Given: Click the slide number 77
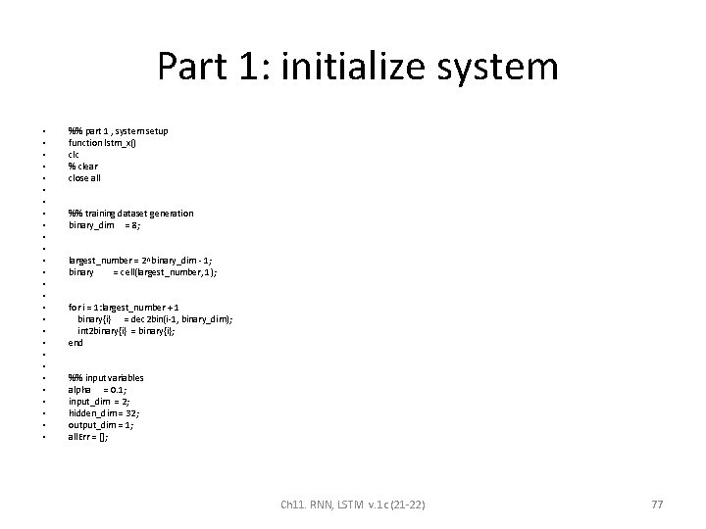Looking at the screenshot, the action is [x=658, y=504].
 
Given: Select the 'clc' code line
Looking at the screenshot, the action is [x=74, y=155].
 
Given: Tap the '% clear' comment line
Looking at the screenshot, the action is [x=83, y=167].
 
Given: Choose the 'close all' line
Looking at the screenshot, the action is [x=84, y=178].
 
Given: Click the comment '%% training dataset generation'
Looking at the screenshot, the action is [x=130, y=214].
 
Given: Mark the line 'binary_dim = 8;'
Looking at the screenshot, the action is [x=104, y=225].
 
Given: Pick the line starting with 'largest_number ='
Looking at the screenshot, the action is [x=138, y=261].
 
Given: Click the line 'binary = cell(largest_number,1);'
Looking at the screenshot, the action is [x=141, y=272].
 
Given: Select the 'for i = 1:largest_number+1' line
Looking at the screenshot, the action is [x=123, y=308].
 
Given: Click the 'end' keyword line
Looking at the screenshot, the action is [x=76, y=343].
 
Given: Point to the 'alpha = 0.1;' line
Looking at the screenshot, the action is [x=96, y=390].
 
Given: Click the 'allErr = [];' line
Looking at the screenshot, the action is [x=88, y=437].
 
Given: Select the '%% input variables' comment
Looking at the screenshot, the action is [x=106, y=378].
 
